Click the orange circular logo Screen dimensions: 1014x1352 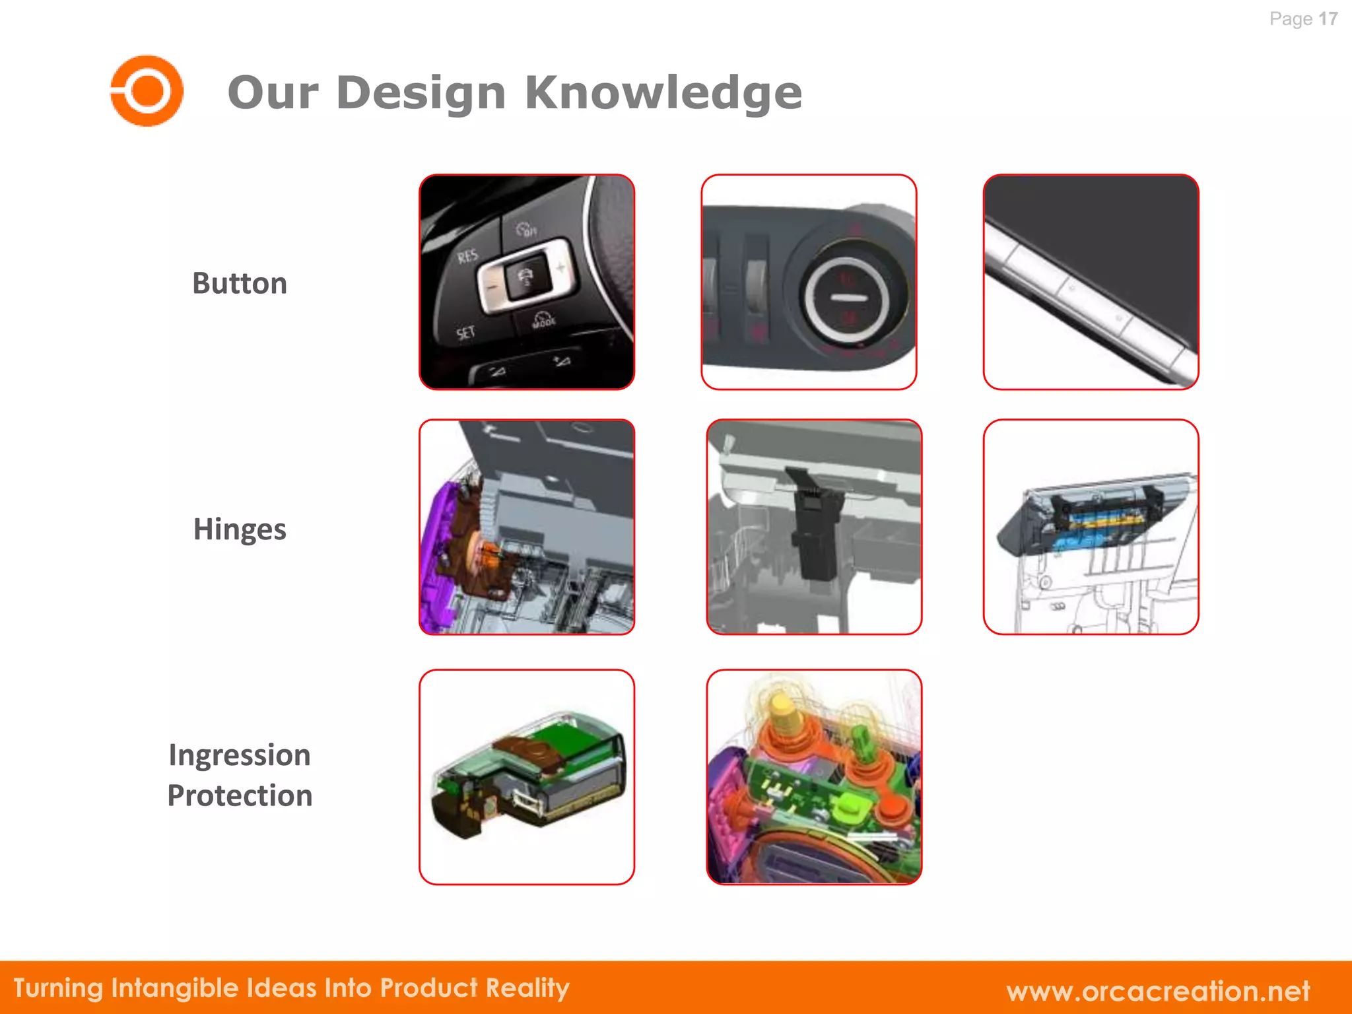click(x=147, y=90)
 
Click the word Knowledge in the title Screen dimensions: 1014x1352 click(x=663, y=92)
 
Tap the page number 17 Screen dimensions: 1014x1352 click(x=1328, y=18)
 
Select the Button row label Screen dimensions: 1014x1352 click(x=240, y=283)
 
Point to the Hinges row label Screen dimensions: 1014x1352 click(x=240, y=529)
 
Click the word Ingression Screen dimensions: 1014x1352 click(x=240, y=755)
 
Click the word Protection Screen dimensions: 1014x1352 click(x=240, y=795)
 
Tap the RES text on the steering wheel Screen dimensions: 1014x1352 click(x=467, y=255)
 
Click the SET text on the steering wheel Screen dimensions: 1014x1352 click(x=465, y=332)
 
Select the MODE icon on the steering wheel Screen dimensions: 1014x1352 click(x=544, y=320)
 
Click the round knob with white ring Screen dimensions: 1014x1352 click(x=848, y=298)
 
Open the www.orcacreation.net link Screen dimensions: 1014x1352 click(x=1158, y=990)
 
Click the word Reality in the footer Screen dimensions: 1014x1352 click(x=527, y=988)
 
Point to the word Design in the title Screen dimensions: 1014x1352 click(x=421, y=92)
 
